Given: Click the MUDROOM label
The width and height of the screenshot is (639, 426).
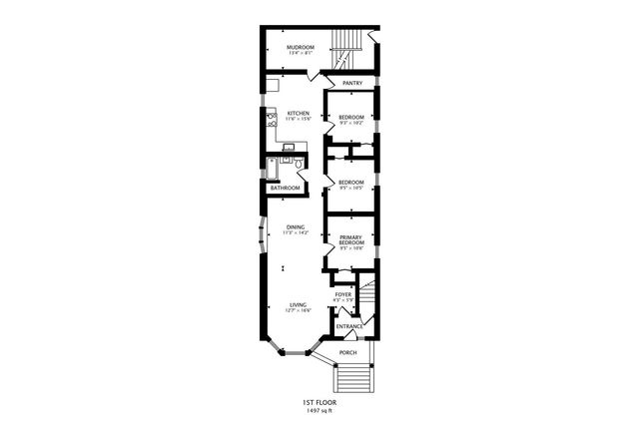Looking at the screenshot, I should click(301, 47).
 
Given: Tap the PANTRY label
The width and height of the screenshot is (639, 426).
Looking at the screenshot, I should click(350, 83).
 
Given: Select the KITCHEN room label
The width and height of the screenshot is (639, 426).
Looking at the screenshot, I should click(299, 113).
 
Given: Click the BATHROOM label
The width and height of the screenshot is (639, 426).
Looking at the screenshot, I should click(284, 188).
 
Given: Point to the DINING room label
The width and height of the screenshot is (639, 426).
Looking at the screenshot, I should click(296, 226).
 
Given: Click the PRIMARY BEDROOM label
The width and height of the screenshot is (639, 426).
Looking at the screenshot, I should click(351, 240).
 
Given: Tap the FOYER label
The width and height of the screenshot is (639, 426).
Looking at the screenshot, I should click(342, 294).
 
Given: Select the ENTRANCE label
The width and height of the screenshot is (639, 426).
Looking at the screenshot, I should click(348, 327).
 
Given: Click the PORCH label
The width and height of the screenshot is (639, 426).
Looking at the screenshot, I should click(347, 353).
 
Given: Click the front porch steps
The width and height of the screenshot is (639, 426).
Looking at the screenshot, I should click(352, 378).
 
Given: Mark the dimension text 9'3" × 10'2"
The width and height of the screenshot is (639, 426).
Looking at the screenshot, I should click(350, 124).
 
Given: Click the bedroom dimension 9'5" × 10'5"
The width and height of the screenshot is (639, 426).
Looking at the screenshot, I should click(350, 188).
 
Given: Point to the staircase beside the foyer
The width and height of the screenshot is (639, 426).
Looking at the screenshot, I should click(370, 299).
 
